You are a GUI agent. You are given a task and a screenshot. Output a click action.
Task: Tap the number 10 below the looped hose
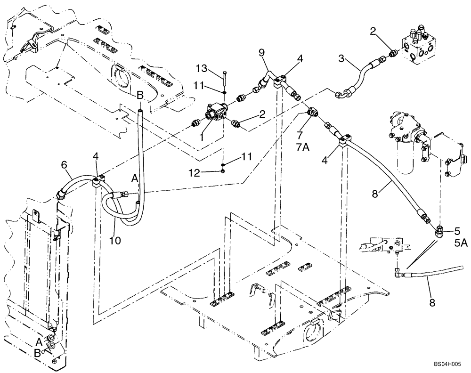115,240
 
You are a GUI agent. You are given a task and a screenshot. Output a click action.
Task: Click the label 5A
461,243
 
